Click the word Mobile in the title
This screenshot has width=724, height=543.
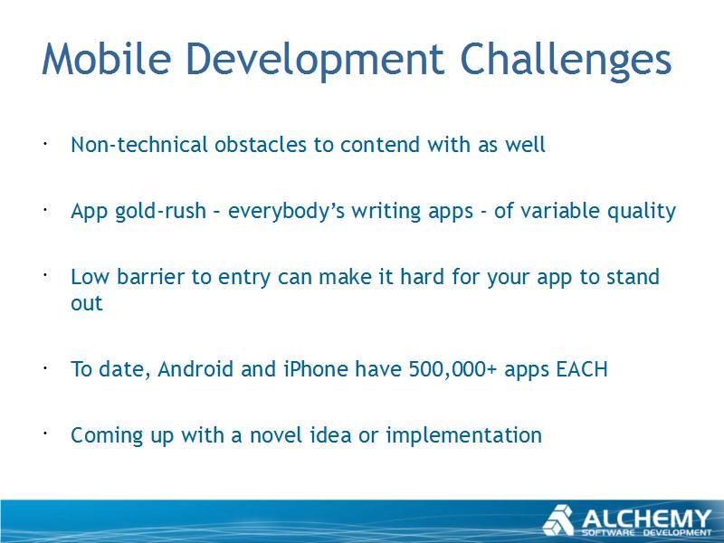coord(107,59)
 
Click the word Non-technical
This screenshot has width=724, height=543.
coord(139,145)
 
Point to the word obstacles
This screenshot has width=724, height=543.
coord(261,145)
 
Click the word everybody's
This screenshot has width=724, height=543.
coord(286,212)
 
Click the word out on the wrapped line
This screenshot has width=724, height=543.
coord(87,304)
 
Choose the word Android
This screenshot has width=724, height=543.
coord(195,369)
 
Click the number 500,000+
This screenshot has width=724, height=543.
coord(452,370)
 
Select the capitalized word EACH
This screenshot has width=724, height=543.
coord(582,369)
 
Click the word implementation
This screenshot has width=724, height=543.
coord(463,436)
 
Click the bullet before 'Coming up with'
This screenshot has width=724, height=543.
coord(45,433)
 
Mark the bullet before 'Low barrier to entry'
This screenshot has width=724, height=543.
coord(45,275)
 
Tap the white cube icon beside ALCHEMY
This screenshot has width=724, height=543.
coord(557,520)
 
